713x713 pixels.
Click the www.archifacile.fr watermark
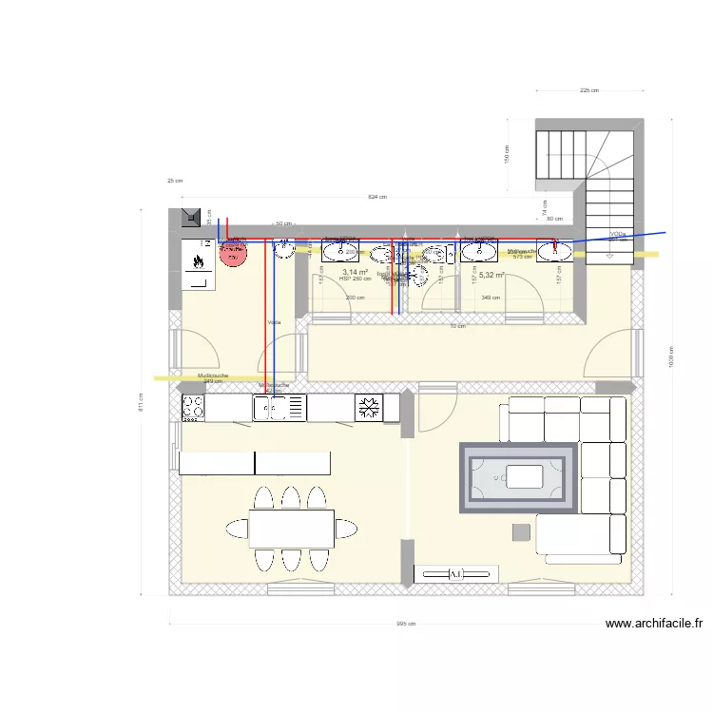click(x=654, y=625)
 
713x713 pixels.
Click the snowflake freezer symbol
click(x=368, y=408)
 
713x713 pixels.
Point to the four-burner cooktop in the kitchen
click(x=193, y=408)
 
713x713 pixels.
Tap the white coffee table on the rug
click(x=524, y=473)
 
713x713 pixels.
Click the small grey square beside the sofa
click(x=521, y=531)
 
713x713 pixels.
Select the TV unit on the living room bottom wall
click(x=456, y=573)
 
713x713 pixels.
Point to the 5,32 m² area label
click(x=491, y=275)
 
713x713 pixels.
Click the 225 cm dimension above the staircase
click(x=589, y=91)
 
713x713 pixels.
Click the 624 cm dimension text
click(x=377, y=197)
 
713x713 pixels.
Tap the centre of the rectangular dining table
click(x=292, y=529)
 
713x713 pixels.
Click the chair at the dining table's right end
click(x=348, y=528)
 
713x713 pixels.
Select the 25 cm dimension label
click(x=174, y=181)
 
